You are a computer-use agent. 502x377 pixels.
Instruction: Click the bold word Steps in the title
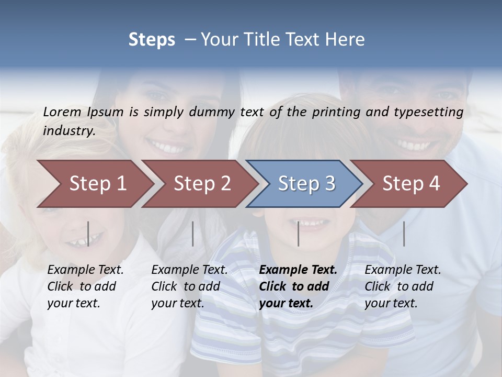152,40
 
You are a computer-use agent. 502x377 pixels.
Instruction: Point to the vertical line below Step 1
88,234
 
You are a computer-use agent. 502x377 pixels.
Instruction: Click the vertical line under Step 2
193,234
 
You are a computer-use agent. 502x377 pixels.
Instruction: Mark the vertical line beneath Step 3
298,234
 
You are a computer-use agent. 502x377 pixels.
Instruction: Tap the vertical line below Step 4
404,234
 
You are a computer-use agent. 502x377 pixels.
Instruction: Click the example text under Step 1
85,286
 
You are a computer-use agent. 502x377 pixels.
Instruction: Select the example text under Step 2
189,286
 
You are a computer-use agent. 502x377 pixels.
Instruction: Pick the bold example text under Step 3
298,286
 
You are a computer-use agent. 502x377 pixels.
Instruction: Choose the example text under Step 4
402,286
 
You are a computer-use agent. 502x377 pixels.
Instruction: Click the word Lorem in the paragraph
62,112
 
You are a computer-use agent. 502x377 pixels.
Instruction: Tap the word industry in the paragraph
69,131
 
